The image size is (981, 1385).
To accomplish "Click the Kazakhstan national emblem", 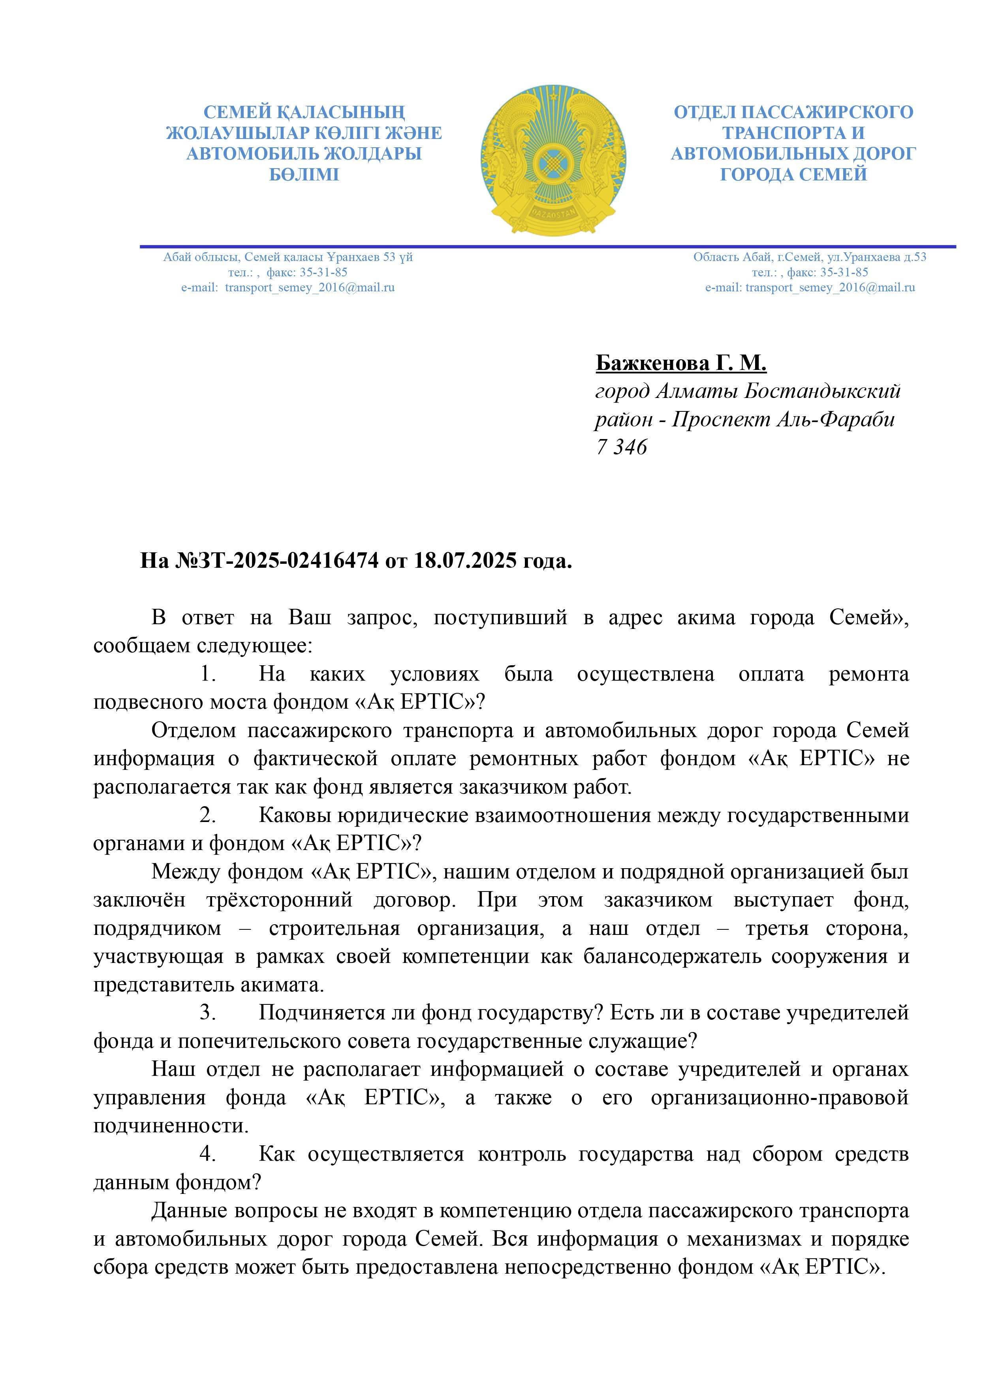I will point(553,160).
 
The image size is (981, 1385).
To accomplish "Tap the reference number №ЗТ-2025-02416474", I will point(277,561).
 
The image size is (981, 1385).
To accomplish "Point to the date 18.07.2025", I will point(465,561).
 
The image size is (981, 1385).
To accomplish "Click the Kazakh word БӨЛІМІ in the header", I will point(304,175).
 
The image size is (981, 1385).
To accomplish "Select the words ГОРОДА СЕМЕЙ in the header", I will point(793,175).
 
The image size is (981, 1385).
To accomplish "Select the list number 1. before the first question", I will point(209,674).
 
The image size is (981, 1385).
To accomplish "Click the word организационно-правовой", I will point(779,1097).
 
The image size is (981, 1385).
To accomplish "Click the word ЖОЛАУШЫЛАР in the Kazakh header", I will point(239,133).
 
